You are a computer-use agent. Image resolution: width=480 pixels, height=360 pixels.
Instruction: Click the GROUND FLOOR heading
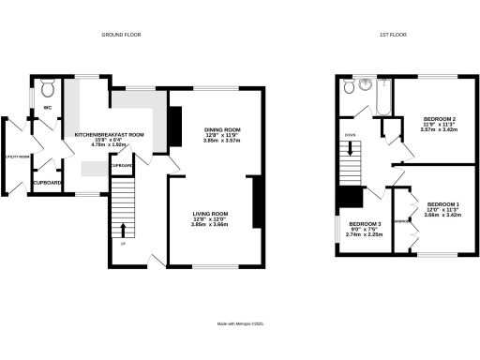[x=120, y=35]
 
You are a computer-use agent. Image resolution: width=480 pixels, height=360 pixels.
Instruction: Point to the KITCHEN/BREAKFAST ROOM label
[x=111, y=135]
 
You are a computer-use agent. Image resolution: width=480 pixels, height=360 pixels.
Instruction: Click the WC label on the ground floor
[x=46, y=109]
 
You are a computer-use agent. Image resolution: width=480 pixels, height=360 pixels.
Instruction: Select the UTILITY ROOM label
[x=16, y=157]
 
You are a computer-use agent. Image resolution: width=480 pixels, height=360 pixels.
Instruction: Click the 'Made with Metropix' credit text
[x=240, y=323]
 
